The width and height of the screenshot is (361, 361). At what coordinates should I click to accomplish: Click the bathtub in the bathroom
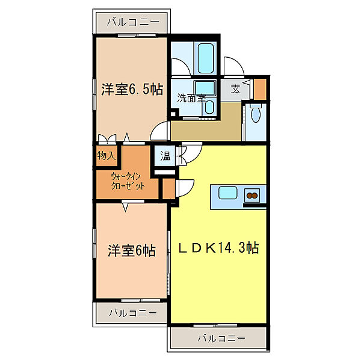(x=206, y=57)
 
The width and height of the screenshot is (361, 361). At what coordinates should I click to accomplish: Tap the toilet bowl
(x=255, y=114)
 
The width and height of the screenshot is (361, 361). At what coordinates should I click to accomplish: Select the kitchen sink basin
(x=227, y=194)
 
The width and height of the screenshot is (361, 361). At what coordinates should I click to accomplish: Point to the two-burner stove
(x=252, y=194)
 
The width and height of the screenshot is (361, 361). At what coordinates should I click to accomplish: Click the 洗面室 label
(x=191, y=98)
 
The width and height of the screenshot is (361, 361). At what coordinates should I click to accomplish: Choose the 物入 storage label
(x=106, y=155)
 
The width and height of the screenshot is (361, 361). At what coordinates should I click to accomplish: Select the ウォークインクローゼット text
(x=128, y=181)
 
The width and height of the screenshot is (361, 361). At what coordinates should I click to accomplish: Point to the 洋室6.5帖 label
(x=132, y=90)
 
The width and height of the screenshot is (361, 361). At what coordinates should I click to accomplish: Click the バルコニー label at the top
(x=133, y=22)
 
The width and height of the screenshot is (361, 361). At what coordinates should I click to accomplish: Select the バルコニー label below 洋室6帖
(x=133, y=313)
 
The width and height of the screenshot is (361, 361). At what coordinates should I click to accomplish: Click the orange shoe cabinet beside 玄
(x=259, y=88)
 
